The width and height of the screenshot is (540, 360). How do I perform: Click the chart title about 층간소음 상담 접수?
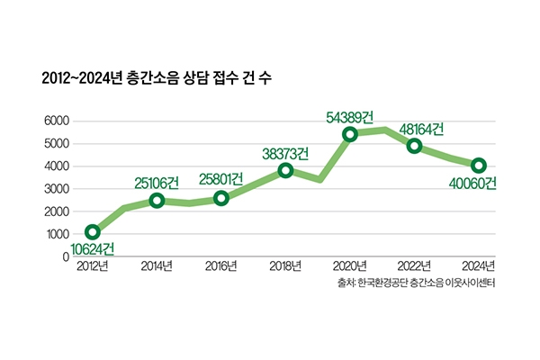point(156,78)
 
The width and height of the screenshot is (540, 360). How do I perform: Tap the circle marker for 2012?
point(93,232)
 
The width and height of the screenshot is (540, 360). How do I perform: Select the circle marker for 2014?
point(157,200)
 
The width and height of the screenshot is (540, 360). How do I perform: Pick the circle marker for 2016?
point(221,198)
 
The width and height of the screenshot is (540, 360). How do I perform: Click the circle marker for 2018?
point(285,170)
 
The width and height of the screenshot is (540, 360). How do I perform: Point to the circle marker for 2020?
point(350,134)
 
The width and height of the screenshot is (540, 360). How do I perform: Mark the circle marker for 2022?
point(414,146)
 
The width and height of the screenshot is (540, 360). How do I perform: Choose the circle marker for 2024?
point(479,165)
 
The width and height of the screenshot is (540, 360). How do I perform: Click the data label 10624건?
point(92,248)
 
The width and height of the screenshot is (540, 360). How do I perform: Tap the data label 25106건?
point(157,183)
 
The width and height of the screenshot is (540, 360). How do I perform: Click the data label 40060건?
point(472,184)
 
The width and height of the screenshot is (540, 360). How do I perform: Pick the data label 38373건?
point(285,154)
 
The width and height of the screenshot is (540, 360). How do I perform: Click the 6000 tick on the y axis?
point(57,121)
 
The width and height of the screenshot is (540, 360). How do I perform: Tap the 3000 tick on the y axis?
point(57,189)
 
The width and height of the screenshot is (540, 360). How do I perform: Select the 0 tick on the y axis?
point(66,256)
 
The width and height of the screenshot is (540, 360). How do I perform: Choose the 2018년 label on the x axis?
point(285,265)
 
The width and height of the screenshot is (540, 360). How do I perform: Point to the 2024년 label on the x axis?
point(478,265)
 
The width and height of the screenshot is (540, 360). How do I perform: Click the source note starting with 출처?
point(414,283)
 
